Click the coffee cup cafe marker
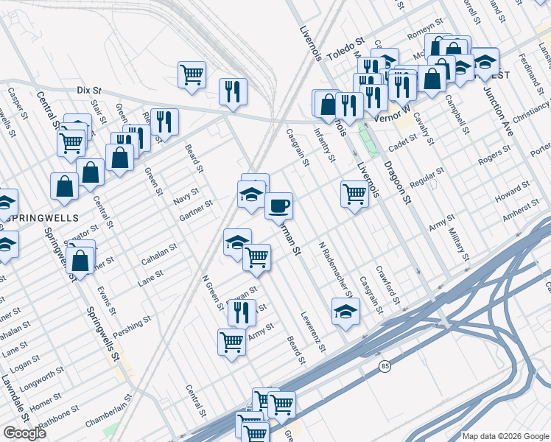point(278,206)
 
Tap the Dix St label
point(88,91)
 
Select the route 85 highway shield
point(385,365)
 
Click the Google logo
point(24,433)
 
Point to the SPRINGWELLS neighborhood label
point(28,218)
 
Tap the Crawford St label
point(388,284)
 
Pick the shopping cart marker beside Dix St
point(192,74)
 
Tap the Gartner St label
point(196,211)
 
